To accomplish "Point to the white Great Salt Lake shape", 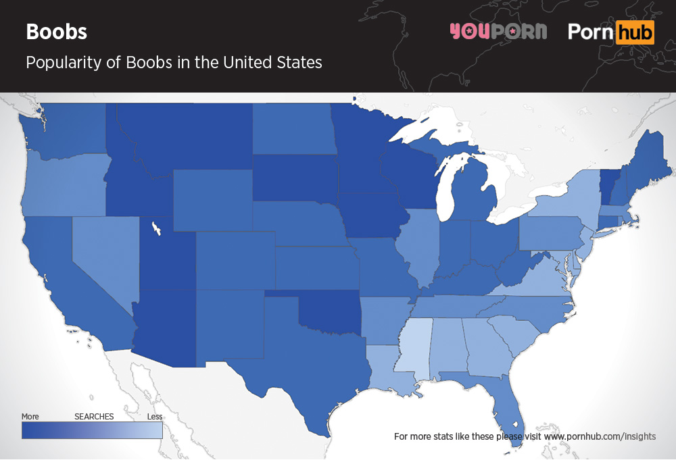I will click(156, 228).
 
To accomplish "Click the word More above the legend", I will click(30, 416).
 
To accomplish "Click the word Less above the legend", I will click(155, 416).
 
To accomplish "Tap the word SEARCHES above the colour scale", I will click(94, 416).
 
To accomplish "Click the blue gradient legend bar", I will click(92, 430).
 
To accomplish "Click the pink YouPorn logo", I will click(498, 31).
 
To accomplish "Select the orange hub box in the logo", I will click(635, 32).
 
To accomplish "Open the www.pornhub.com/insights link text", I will click(600, 436).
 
